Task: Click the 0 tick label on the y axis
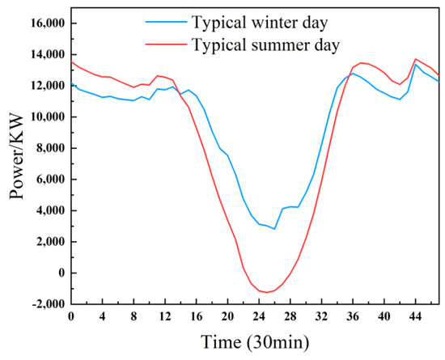pyautogui.click(x=59, y=273)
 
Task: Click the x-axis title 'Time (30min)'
pyautogui.click(x=255, y=342)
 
